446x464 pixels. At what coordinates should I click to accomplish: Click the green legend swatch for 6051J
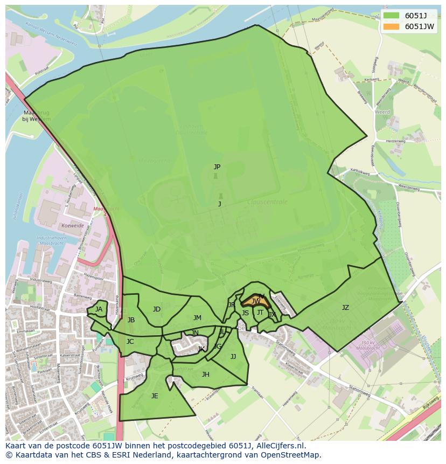pyautogui.click(x=391, y=16)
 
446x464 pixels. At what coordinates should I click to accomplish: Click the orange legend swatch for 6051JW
pyautogui.click(x=391, y=26)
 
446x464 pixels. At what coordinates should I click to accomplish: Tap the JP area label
pyautogui.click(x=217, y=167)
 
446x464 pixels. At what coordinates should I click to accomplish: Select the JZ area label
pyautogui.click(x=345, y=308)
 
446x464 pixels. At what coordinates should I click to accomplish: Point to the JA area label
pyautogui.click(x=99, y=309)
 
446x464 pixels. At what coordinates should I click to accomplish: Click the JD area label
pyautogui.click(x=156, y=309)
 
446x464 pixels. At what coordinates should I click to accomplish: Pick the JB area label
pyautogui.click(x=131, y=320)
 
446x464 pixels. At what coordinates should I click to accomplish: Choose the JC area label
pyautogui.click(x=130, y=342)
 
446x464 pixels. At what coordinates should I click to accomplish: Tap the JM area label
pyautogui.click(x=197, y=318)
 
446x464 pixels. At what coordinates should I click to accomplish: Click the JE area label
pyautogui.click(x=155, y=396)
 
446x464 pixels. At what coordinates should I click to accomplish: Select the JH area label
pyautogui.click(x=205, y=375)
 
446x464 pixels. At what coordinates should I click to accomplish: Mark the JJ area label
pyautogui.click(x=233, y=357)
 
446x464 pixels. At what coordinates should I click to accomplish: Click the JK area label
pyautogui.click(x=201, y=349)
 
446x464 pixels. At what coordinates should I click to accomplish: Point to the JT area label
pyautogui.click(x=260, y=313)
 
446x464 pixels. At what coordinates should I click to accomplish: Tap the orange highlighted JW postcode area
pyautogui.click(x=255, y=301)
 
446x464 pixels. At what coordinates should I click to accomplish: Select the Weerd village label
pyautogui.click(x=382, y=112)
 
